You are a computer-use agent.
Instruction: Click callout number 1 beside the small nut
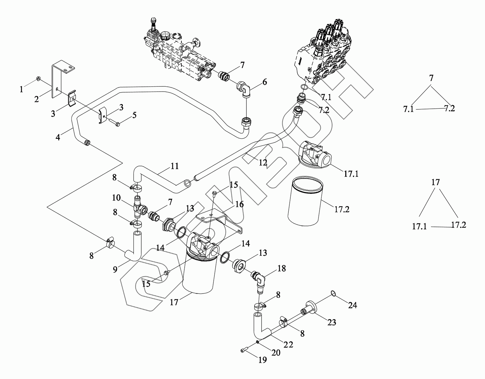22,89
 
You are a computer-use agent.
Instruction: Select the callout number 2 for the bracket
37,99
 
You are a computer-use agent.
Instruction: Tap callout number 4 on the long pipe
58,137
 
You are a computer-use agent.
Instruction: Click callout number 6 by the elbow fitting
265,82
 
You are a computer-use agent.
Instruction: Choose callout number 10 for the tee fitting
116,197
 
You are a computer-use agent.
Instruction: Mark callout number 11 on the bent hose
175,166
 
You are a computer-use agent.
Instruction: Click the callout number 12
263,162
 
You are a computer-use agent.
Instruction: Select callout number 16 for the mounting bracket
240,204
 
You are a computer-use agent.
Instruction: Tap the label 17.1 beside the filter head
351,174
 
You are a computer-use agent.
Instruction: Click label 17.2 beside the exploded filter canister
342,209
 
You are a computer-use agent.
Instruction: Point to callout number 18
282,269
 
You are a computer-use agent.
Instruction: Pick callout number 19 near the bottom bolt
263,359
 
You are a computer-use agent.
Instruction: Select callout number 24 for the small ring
352,305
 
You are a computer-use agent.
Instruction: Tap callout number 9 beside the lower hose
115,269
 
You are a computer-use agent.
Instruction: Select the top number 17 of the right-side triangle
436,182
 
